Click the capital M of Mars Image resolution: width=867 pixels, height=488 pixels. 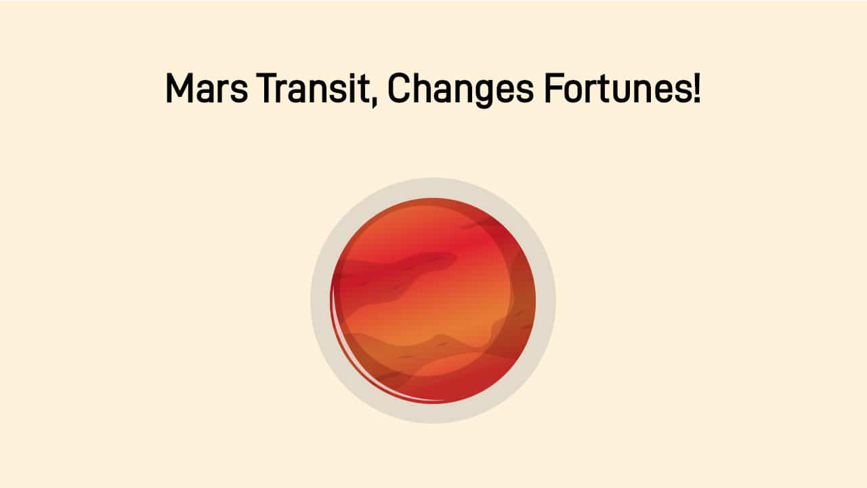coord(179,89)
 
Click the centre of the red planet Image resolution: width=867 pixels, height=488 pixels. coord(433,300)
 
